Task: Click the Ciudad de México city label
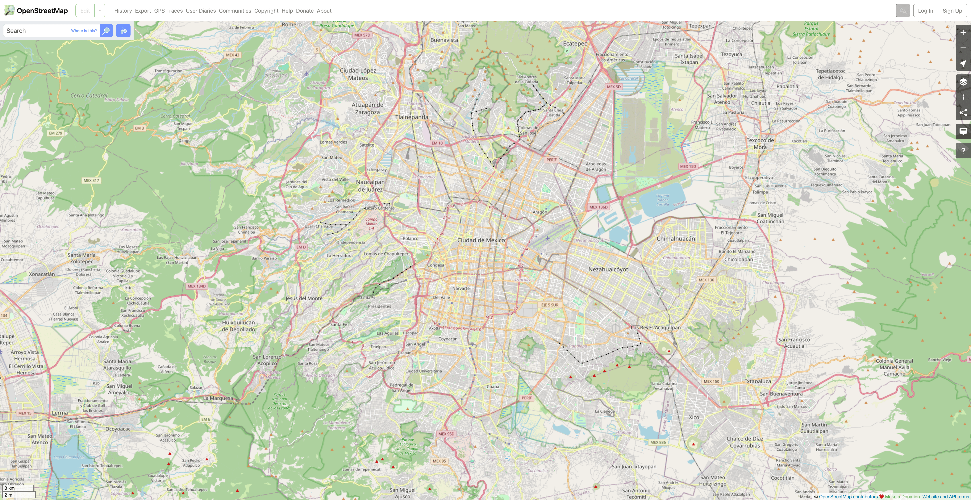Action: pos(481,240)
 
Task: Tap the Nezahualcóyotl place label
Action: pos(609,269)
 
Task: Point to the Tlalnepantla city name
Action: pos(412,117)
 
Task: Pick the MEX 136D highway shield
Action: pos(598,207)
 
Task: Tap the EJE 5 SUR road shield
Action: pos(550,305)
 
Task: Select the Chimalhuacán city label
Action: pos(675,239)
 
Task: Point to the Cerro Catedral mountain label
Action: pos(89,96)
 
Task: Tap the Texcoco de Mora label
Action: pos(760,144)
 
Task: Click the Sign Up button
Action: pos(952,10)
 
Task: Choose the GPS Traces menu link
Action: pos(168,10)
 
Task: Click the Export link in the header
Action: pos(143,10)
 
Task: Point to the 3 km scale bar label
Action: pos(10,488)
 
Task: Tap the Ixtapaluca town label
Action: pos(758,381)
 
